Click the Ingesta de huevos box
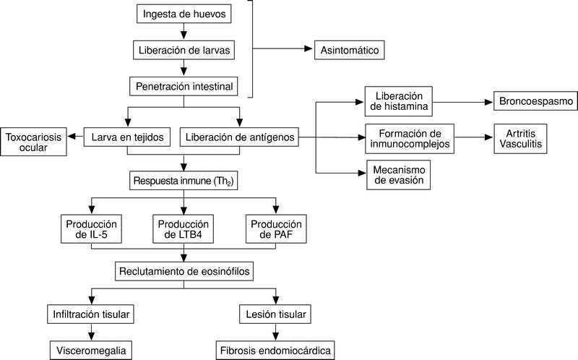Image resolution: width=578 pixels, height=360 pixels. pos(185,13)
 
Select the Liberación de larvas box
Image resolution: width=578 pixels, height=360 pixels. pos(185,51)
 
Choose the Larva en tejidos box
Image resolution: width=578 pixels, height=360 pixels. pos(128,137)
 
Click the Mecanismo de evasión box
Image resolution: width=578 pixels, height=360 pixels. pos(398,176)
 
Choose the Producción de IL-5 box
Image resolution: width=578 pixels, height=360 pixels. pos(91,228)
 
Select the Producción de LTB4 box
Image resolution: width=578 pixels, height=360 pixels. pos(184,228)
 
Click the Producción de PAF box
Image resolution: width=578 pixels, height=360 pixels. pos(275,228)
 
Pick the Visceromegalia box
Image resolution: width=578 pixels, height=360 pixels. pos(92,351)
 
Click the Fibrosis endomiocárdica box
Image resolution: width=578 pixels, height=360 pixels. pos(275,351)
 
